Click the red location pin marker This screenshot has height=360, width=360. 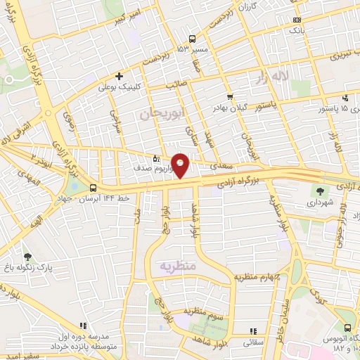[x=181, y=165]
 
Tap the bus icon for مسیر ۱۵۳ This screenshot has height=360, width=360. [x=193, y=39]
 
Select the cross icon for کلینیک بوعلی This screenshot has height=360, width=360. [x=120, y=76]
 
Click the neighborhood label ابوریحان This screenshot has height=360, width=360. [x=154, y=113]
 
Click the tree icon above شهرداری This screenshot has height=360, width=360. [x=321, y=190]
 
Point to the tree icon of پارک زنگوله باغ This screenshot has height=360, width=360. [x=27, y=257]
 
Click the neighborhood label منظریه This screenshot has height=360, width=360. [x=176, y=266]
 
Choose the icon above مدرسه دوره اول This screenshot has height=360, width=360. [x=82, y=326]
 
